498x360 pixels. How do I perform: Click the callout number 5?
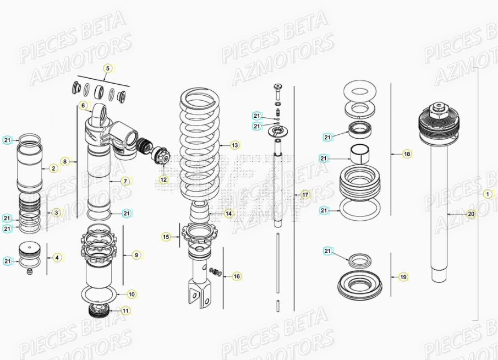coord(108,68)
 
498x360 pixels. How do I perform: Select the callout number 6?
coord(83,105)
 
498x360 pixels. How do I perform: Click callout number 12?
coord(163,179)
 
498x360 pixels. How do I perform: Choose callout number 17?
coord(305,195)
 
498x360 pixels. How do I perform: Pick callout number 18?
coord(407,154)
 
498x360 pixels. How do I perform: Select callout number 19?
coord(403,277)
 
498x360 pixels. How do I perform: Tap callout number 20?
coord(470,213)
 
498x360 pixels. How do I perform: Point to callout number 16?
coord(237,276)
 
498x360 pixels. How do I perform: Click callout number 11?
coord(126,311)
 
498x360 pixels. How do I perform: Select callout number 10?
coord(132,294)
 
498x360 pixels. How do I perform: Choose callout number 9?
coord(136,255)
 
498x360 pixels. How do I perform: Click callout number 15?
coord(166,237)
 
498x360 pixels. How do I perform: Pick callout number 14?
coord(228,213)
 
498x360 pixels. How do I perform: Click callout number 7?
coord(125,181)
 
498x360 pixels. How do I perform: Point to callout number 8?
coord(65,162)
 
